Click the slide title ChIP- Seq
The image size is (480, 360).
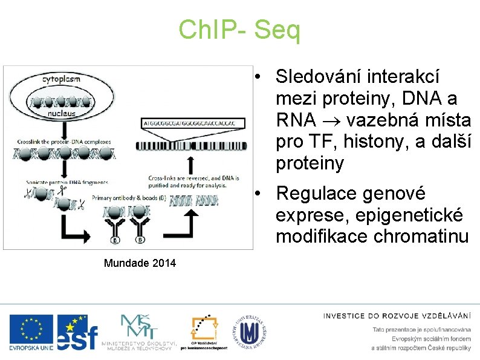(239, 30)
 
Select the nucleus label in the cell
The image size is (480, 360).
(62, 113)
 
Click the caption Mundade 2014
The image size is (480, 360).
(140, 263)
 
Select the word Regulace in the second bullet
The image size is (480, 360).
(312, 194)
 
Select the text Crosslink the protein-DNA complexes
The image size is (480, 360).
(64, 142)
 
